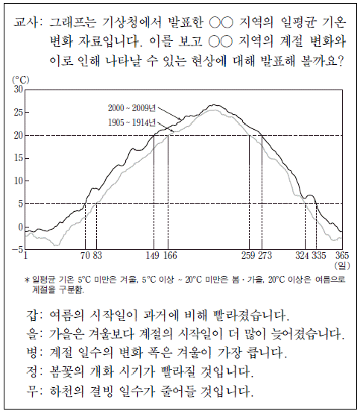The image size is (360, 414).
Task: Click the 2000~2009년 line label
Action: tap(132, 108)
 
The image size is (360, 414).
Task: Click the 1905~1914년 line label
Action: tap(132, 123)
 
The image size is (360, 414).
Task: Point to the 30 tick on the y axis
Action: tap(19, 90)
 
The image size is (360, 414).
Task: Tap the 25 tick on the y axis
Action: tap(19, 113)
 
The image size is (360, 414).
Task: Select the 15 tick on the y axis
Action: tap(19, 158)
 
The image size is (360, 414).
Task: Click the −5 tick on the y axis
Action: tap(17, 249)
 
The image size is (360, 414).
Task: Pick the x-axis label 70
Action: tap(85, 255)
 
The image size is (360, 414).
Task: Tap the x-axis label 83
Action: tap(98, 255)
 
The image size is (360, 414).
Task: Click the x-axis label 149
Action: tap(153, 255)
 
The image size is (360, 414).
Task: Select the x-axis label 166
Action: tap(171, 255)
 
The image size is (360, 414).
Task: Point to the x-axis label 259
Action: tap(248, 255)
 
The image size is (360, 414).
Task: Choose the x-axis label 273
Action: tap(265, 255)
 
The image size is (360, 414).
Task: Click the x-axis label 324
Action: tap(303, 255)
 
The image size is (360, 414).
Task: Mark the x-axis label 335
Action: tap(319, 255)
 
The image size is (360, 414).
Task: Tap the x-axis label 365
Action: tap(342, 255)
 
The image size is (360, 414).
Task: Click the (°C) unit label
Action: tap(21, 80)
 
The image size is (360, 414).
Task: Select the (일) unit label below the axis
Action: tap(342, 266)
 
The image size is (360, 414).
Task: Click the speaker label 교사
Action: tap(25, 22)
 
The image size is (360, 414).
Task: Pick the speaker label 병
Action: tap(32, 353)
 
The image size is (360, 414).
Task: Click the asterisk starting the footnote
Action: tap(27, 280)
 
